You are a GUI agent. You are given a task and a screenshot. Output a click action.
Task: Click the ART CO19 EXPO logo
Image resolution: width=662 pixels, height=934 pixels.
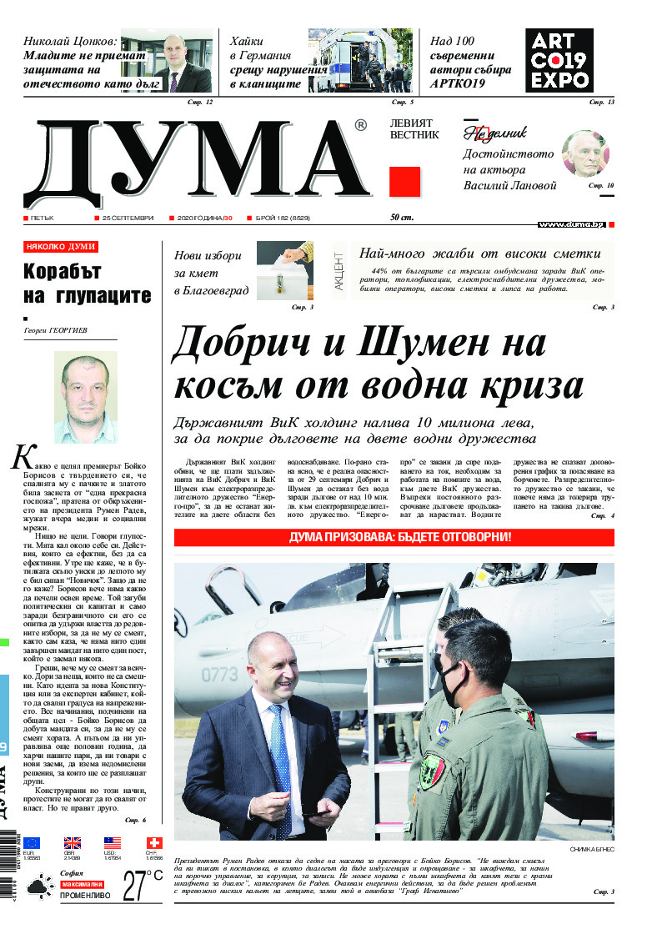tap(559, 59)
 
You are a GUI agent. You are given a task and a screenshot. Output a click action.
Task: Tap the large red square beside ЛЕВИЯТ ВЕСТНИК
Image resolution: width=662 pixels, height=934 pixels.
tap(405, 181)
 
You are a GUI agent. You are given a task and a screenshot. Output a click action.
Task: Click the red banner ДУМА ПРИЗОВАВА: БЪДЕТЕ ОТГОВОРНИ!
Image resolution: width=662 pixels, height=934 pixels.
tap(394, 538)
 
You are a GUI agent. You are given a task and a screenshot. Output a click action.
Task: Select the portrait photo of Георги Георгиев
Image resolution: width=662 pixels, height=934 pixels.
tap(85, 397)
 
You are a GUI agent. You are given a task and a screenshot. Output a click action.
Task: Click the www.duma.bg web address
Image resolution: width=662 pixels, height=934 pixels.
tap(571, 224)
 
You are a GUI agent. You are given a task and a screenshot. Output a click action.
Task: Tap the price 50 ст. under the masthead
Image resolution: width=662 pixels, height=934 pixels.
tap(402, 218)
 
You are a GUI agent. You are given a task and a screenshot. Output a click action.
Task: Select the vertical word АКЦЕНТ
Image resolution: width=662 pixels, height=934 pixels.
tap(339, 271)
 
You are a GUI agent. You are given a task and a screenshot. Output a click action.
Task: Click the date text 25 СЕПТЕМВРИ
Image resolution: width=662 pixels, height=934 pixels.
tap(128, 218)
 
